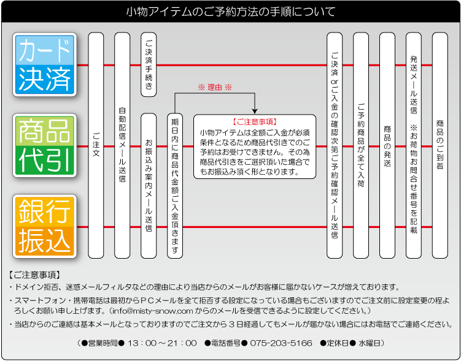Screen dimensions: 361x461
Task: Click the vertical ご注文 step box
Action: (96, 145)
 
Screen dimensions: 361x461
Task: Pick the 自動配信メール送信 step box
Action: (122, 145)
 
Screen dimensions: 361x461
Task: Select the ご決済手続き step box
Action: (149, 64)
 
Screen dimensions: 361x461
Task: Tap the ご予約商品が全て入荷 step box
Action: (360, 145)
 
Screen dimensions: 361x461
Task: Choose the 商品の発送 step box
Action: (387, 145)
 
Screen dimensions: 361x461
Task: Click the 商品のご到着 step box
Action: (440, 145)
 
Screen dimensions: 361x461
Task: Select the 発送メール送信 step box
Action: (413, 145)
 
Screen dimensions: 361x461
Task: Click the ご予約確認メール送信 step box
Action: (334, 145)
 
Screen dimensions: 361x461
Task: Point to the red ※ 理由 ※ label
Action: (215, 88)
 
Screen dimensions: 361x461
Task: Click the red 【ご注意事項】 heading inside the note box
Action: (255, 122)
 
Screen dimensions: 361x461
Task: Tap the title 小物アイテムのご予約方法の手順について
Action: (230, 12)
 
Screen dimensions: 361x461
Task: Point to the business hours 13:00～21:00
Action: (163, 343)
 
